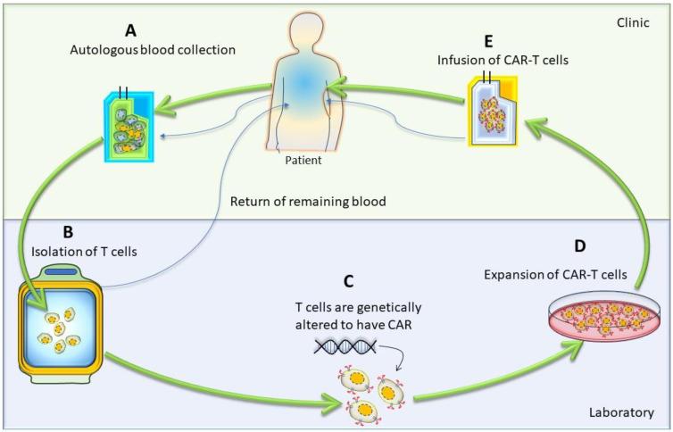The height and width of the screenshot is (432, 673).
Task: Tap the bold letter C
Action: (x=348, y=281)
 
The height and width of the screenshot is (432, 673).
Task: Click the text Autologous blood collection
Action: (x=154, y=50)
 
